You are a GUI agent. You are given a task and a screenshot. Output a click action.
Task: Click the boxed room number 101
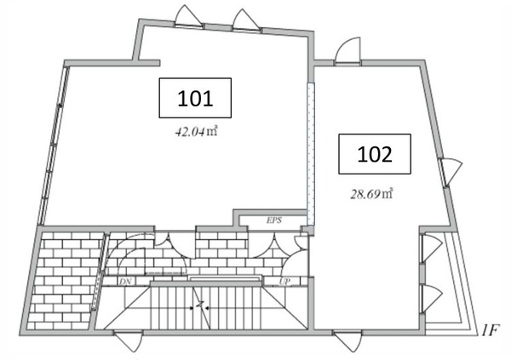pos(195,98)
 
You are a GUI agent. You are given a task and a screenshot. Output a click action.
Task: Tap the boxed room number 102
pos(375,154)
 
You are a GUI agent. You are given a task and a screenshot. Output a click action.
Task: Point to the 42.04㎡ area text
pos(196,132)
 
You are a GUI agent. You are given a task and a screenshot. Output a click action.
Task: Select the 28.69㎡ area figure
pos(371,194)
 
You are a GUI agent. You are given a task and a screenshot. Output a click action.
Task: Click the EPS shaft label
pos(274,220)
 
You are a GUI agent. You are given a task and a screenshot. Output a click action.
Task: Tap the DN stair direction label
pos(125,282)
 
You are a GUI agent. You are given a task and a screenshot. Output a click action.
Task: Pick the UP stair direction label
pos(284,282)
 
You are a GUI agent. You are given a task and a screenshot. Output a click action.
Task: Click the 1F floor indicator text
pos(490,330)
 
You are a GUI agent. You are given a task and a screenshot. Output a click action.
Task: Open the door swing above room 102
pos(348,51)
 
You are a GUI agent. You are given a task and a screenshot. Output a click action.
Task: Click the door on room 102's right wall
pos(450,171)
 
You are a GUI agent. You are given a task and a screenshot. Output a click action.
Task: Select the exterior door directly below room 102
pos(347,340)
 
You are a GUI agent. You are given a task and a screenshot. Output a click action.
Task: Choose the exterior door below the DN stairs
pos(129,340)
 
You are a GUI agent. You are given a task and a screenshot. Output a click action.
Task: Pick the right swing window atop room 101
pos(246,20)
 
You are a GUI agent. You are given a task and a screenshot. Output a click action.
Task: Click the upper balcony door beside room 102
pos(431,248)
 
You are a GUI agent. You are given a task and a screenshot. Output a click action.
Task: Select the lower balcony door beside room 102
pos(431,299)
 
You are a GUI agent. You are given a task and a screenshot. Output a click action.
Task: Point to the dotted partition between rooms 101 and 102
pos(311,153)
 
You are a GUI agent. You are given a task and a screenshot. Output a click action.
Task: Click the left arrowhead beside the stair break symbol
pos(192,307)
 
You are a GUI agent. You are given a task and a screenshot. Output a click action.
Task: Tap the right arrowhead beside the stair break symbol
pos(208,307)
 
